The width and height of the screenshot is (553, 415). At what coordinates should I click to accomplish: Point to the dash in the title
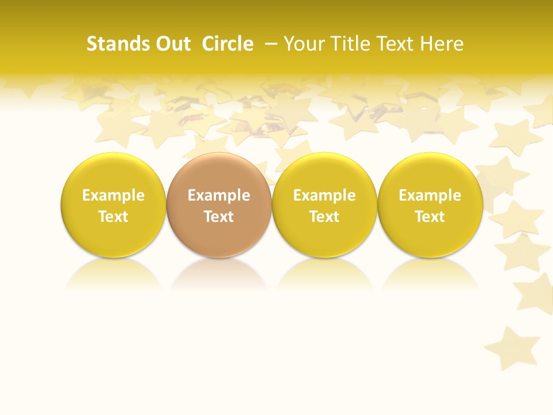click(271, 44)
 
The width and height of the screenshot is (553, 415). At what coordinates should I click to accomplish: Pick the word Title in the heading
click(349, 44)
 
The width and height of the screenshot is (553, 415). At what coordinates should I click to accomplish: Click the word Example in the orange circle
click(219, 195)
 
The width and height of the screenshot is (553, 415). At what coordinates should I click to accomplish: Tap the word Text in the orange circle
click(219, 217)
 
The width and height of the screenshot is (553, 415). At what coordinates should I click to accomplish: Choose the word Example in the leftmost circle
click(113, 195)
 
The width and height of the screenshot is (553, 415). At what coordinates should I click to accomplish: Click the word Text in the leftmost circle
click(113, 217)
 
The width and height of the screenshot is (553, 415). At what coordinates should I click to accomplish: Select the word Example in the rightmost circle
click(430, 195)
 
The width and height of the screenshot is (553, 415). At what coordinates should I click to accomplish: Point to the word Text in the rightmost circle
click(430, 217)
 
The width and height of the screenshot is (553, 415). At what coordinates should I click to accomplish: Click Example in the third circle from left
click(324, 195)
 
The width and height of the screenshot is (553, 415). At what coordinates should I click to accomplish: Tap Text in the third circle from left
click(324, 217)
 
